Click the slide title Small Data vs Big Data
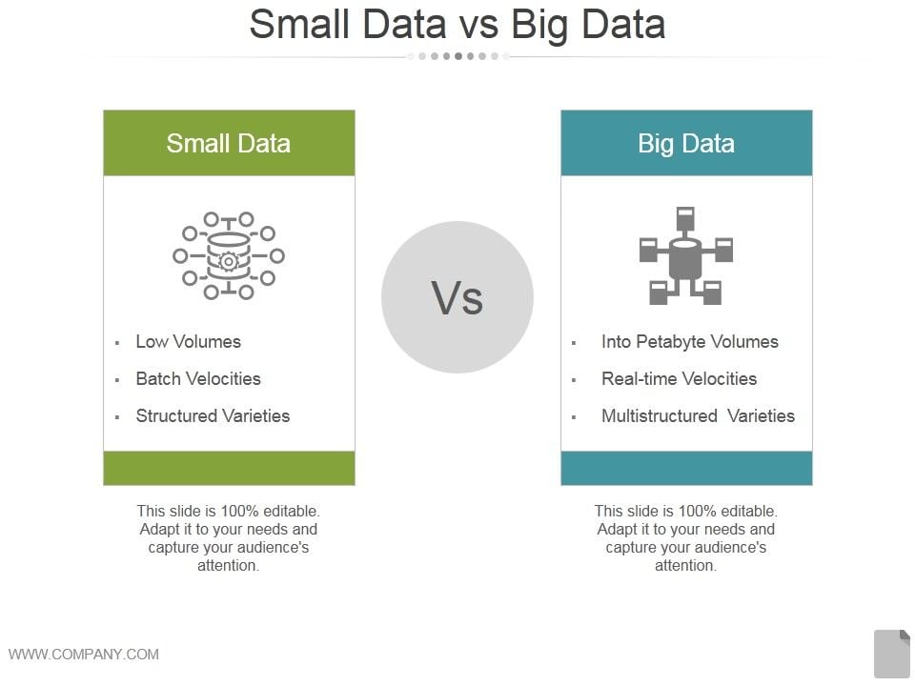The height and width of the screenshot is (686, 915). click(x=457, y=25)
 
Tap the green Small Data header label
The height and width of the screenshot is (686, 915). click(x=228, y=144)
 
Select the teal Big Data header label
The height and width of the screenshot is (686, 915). click(x=685, y=144)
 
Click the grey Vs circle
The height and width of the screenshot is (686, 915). click(x=457, y=297)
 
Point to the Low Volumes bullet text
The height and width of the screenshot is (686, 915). click(x=188, y=341)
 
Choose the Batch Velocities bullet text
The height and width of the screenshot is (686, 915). click(x=198, y=378)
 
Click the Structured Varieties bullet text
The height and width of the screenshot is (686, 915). click(x=213, y=416)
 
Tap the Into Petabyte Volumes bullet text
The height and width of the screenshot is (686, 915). click(x=690, y=342)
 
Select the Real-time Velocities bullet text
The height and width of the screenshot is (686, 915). click(x=679, y=378)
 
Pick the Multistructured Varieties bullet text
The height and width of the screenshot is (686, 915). click(x=698, y=416)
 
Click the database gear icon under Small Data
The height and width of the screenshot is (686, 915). click(x=229, y=256)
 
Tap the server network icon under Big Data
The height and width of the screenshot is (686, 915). click(x=685, y=255)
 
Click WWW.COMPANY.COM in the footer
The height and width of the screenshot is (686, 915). click(x=84, y=654)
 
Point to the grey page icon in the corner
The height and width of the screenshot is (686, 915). click(x=892, y=654)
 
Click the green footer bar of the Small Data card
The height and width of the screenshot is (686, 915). click(x=229, y=468)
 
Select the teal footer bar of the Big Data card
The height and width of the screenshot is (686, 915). click(x=686, y=468)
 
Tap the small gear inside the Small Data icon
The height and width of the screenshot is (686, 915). click(x=229, y=262)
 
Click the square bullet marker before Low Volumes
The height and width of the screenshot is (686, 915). click(x=117, y=343)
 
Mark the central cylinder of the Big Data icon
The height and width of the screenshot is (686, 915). click(x=685, y=259)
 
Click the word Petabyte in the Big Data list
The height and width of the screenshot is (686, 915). click(x=670, y=342)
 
